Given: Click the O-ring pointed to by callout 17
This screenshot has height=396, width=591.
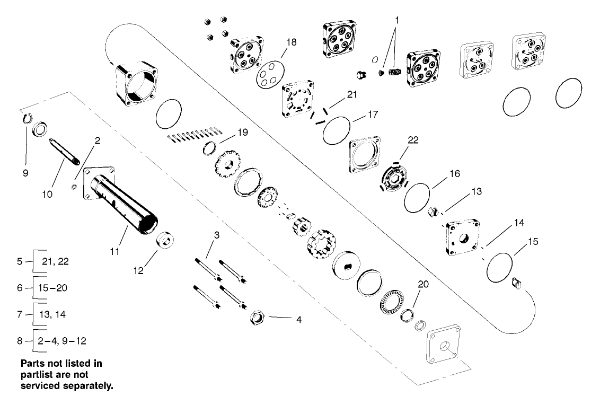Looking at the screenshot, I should (x=337, y=130).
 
